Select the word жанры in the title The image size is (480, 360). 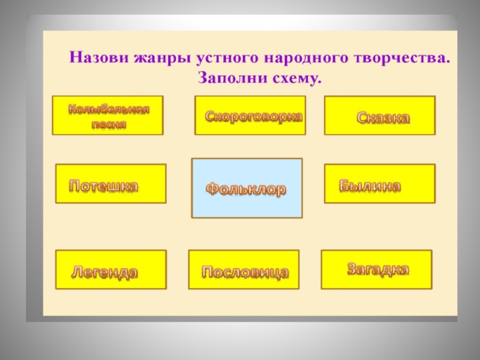[153, 59]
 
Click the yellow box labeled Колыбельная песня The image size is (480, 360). [107, 115]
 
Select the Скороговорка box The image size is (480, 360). [250, 115]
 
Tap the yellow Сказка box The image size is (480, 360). [380, 115]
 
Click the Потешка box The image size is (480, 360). [111, 184]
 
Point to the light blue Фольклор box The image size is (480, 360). [247, 188]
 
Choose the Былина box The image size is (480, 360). [380, 184]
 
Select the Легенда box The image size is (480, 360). [111, 270]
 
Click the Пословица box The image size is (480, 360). [244, 270]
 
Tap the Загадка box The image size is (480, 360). [377, 269]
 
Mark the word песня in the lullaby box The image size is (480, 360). [109, 124]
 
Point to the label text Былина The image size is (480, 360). [370, 186]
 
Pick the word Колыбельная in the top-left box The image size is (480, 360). [109, 110]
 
